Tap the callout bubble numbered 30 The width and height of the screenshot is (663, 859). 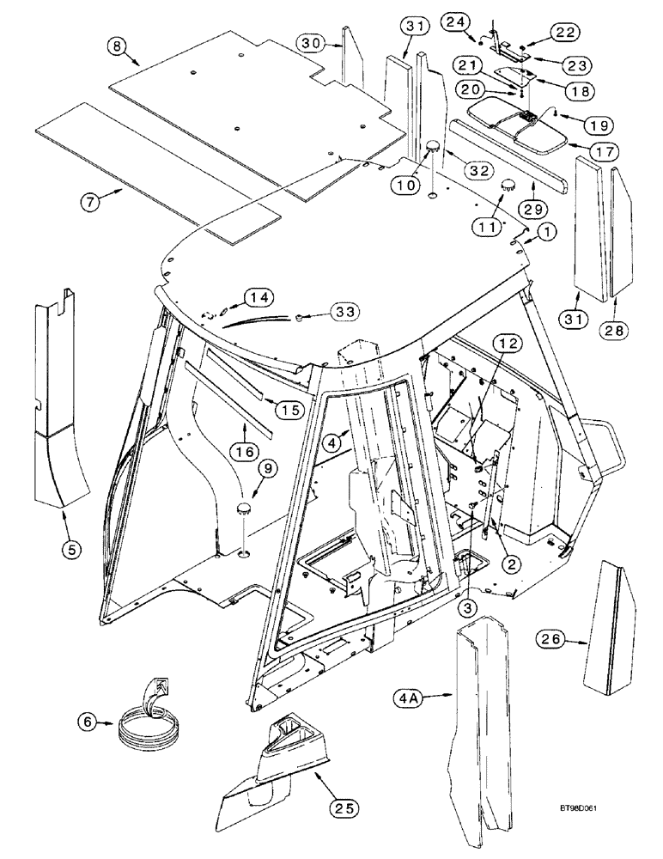tap(313, 42)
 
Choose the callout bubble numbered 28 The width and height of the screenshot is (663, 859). tap(615, 329)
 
